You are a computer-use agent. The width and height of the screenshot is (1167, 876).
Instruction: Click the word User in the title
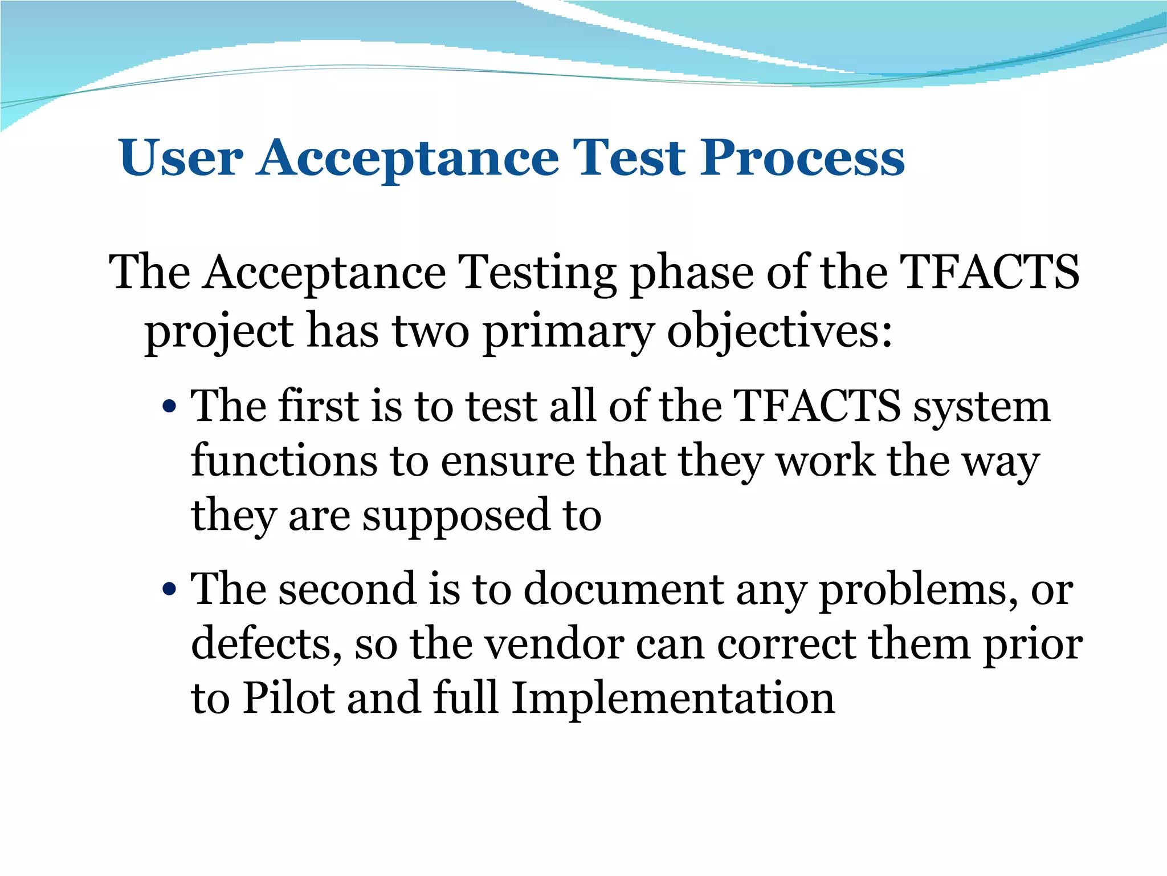coord(181,157)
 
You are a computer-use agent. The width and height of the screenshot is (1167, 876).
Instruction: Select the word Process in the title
coord(802,157)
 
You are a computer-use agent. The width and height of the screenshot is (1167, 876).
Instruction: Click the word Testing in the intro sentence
coord(537,273)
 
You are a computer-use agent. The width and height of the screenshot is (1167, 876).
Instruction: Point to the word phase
coord(691,273)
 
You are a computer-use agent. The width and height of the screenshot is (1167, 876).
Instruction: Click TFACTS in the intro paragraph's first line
coord(989,272)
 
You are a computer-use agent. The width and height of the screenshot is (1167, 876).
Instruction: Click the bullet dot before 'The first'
coord(169,407)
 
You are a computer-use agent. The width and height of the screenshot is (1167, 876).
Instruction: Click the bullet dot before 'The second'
coord(169,589)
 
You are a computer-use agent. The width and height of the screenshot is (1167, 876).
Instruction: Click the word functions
coord(284,461)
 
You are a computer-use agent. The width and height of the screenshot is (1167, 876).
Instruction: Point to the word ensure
coord(508,462)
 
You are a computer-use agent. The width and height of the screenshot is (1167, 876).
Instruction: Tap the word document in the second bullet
coord(623,589)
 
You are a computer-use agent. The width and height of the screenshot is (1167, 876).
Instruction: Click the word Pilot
coord(288,698)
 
